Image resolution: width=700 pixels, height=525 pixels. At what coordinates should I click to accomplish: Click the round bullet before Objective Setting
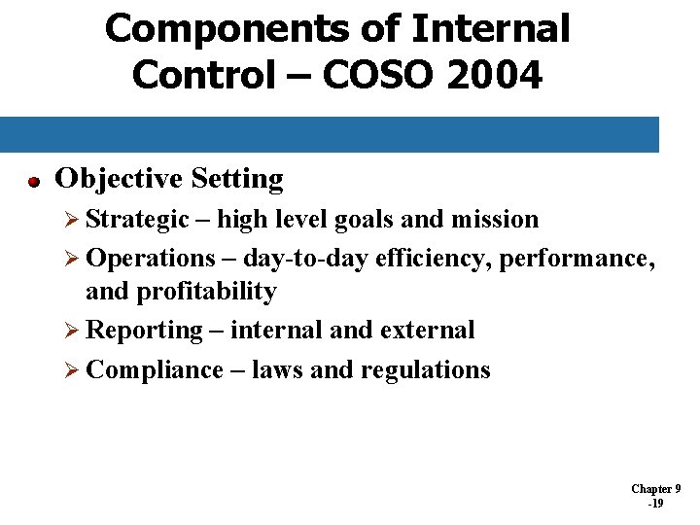(33, 181)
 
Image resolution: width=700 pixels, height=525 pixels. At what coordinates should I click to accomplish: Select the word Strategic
(137, 220)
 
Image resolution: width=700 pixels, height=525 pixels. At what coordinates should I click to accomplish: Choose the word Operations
(151, 259)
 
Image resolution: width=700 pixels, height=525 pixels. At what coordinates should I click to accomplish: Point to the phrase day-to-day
(302, 259)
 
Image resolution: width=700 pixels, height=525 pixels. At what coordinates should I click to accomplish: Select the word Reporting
(145, 331)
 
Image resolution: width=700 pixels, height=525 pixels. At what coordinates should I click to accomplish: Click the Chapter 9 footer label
(655, 489)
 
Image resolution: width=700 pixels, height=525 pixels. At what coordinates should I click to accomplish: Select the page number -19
(655, 504)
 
